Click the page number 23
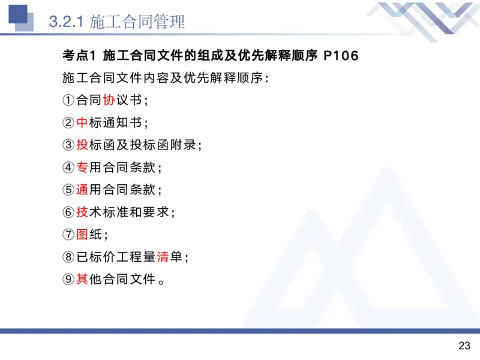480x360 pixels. click(x=464, y=346)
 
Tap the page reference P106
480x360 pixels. click(x=340, y=56)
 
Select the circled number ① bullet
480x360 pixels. click(x=68, y=100)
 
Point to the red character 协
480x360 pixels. click(x=109, y=100)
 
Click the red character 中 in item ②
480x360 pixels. click(x=82, y=122)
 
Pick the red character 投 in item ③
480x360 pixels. click(x=82, y=145)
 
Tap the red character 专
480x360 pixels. click(x=82, y=167)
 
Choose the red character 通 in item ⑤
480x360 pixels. click(x=82, y=190)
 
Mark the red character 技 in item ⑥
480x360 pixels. click(x=82, y=212)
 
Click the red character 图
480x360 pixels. click(x=82, y=235)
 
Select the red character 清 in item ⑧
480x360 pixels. click(x=163, y=257)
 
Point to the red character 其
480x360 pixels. click(x=82, y=279)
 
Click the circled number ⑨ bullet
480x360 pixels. click(x=68, y=279)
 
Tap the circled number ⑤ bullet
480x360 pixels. click(x=68, y=190)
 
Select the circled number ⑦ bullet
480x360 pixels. click(x=68, y=235)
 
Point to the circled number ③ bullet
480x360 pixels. click(x=68, y=145)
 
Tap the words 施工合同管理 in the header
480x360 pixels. click(x=137, y=22)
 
